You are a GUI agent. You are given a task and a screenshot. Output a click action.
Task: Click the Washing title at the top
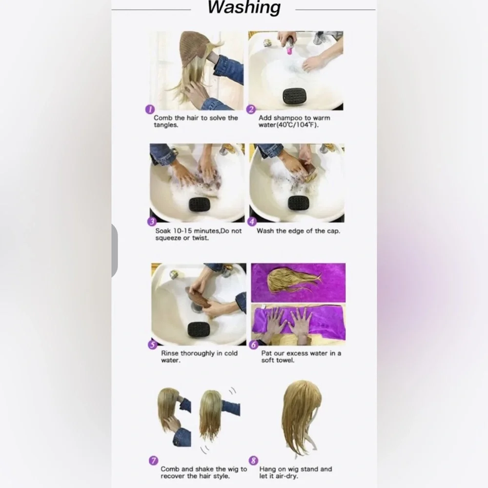(x=244, y=7)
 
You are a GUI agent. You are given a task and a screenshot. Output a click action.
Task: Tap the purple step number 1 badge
(x=150, y=109)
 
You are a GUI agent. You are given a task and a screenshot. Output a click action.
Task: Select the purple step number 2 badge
(x=251, y=109)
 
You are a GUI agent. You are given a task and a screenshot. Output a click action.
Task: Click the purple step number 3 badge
(x=152, y=222)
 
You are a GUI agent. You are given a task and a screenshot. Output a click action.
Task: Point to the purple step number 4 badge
(x=252, y=222)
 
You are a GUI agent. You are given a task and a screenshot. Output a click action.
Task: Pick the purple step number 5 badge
(x=152, y=345)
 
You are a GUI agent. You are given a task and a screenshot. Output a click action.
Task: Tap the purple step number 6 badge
(x=254, y=345)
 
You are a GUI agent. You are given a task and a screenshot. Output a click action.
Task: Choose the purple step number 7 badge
(x=153, y=461)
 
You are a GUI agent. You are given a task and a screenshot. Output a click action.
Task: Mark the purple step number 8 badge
(x=254, y=461)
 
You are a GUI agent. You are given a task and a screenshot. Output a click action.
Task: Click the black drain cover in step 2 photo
(x=295, y=96)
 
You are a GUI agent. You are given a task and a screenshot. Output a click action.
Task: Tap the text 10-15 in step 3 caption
(x=183, y=231)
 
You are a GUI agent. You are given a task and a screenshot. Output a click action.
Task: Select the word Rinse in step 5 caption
(x=170, y=353)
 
